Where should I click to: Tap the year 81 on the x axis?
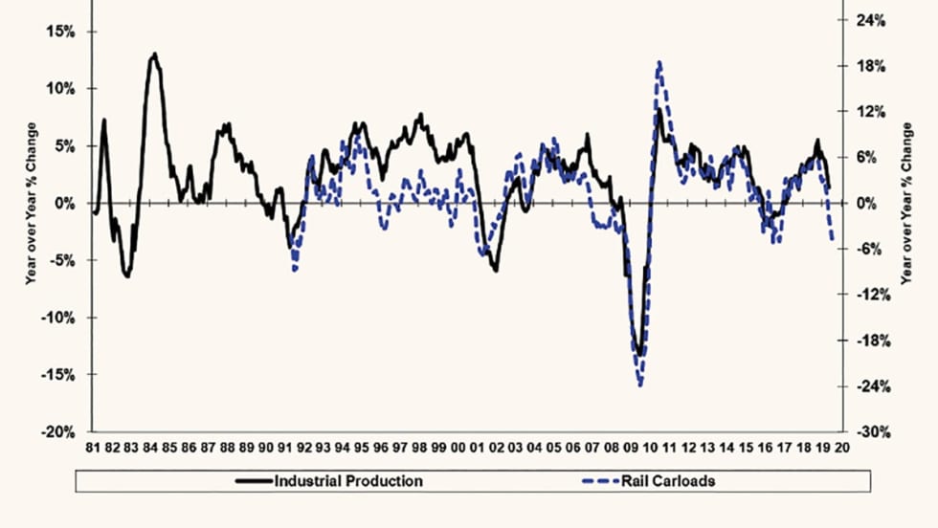click(x=93, y=448)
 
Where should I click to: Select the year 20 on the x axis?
click(x=841, y=448)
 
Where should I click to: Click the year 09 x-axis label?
click(x=630, y=448)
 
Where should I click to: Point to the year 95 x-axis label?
click(x=362, y=448)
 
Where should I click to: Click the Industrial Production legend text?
click(x=348, y=481)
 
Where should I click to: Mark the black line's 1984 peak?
click(x=155, y=55)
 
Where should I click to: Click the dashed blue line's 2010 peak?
click(x=659, y=63)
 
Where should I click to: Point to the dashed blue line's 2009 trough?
click(x=639, y=385)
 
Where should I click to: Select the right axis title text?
click(x=906, y=203)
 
